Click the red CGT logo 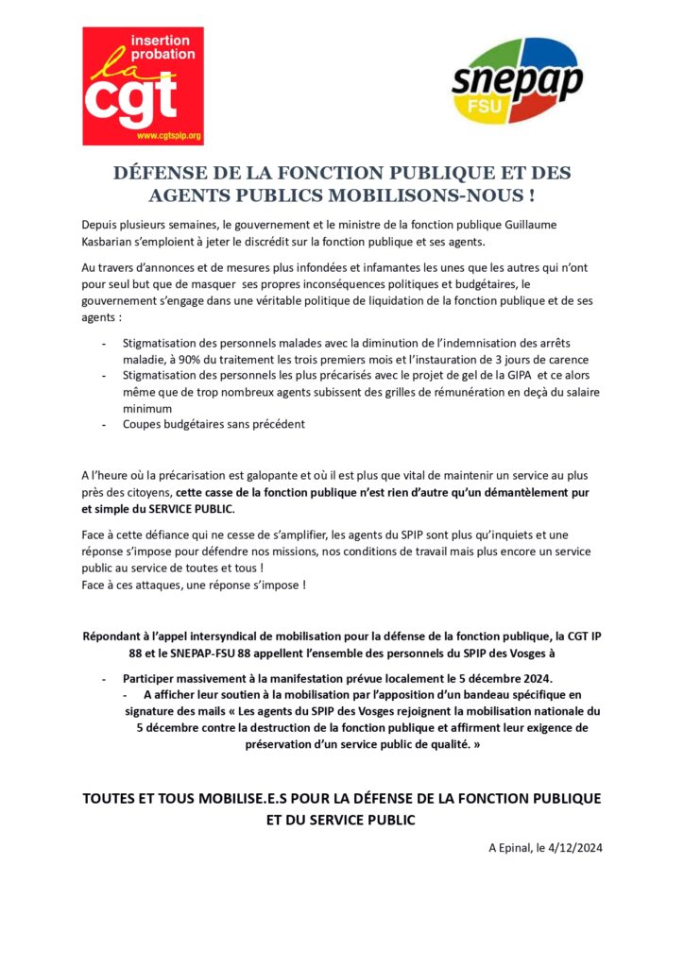(x=143, y=86)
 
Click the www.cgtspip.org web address (x=169, y=137)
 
